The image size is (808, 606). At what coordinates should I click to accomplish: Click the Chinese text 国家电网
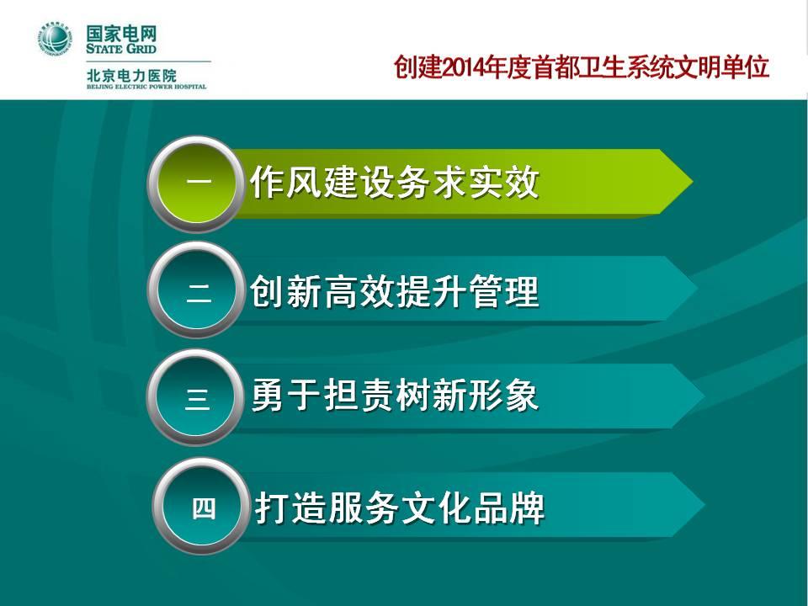point(121,35)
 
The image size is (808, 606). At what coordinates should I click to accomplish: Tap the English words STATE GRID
point(121,49)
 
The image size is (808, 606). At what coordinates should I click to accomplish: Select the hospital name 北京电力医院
point(131,76)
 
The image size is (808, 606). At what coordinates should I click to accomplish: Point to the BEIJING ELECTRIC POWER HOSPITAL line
point(146,87)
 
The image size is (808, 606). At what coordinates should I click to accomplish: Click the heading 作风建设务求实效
point(394,182)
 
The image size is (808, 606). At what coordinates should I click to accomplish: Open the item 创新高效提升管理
point(395,292)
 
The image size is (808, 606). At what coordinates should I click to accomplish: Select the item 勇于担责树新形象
point(395,396)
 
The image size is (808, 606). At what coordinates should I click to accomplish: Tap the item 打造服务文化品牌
point(399,508)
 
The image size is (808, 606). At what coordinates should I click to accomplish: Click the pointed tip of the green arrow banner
point(692,182)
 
